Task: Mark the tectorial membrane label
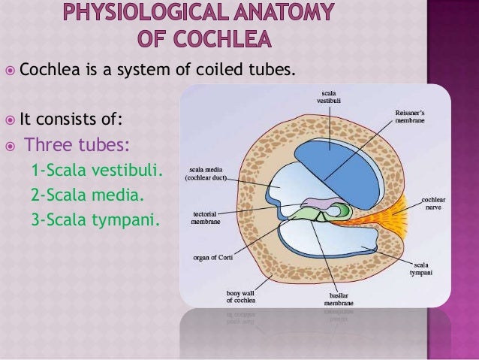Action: pos(197,217)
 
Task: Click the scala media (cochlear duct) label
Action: pos(208,174)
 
